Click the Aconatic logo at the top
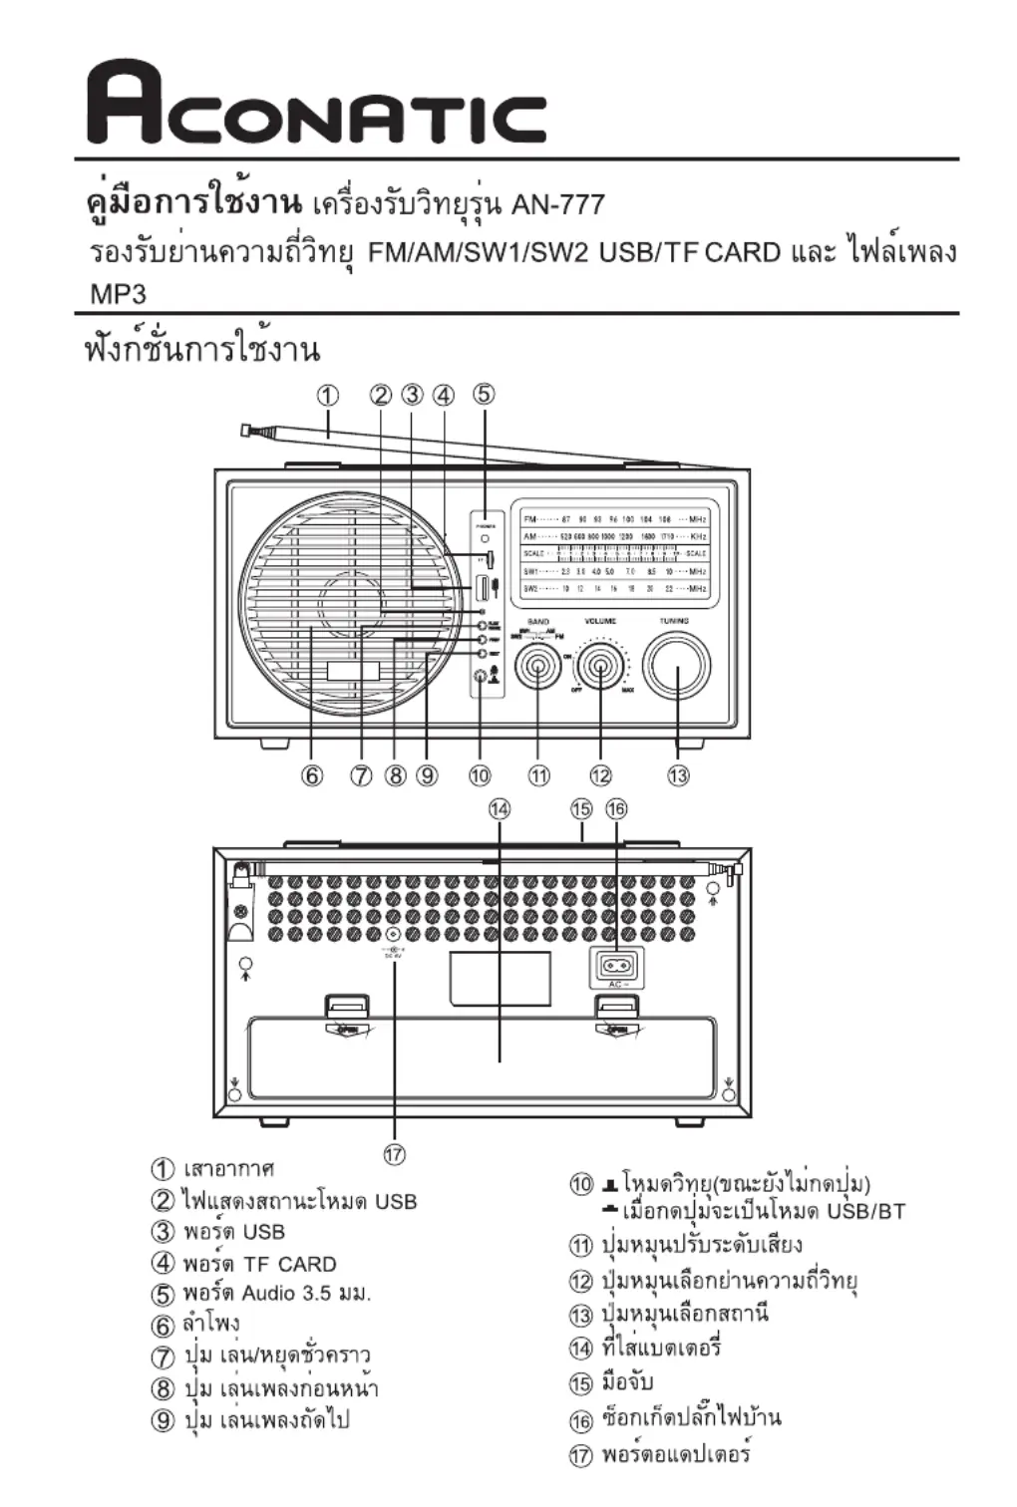[x=317, y=104]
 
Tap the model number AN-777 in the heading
[x=557, y=205]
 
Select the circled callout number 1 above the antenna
[x=328, y=395]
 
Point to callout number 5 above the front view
[x=484, y=394]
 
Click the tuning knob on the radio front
[x=677, y=666]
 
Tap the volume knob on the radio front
[x=600, y=666]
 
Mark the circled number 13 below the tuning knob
[x=678, y=775]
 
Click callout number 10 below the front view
[x=480, y=775]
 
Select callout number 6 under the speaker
[x=313, y=775]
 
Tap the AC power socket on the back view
[x=616, y=965]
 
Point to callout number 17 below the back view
[x=395, y=1154]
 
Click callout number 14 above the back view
[x=499, y=808]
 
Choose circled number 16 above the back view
[x=617, y=808]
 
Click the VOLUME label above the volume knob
[x=600, y=622]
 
